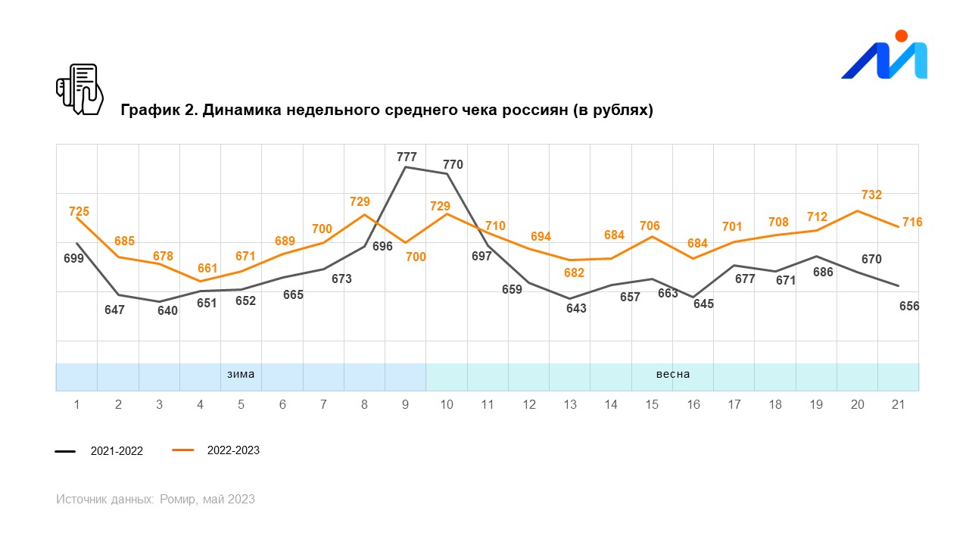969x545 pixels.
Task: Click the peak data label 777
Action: pyautogui.click(x=407, y=157)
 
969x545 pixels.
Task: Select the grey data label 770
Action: pyautogui.click(x=453, y=164)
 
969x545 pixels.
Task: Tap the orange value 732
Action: pyautogui.click(x=871, y=195)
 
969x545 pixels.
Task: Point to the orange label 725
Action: pyautogui.click(x=79, y=211)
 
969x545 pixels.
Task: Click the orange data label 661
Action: pyautogui.click(x=207, y=267)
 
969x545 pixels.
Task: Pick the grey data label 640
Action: pyautogui.click(x=167, y=310)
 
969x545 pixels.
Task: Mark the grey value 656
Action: pyautogui.click(x=908, y=306)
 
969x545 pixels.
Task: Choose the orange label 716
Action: pyautogui.click(x=912, y=222)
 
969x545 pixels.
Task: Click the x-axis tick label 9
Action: pyautogui.click(x=406, y=405)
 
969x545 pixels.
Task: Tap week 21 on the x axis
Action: pyautogui.click(x=899, y=405)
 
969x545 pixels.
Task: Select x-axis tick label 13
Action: pyautogui.click(x=570, y=405)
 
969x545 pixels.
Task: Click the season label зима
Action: pyautogui.click(x=241, y=374)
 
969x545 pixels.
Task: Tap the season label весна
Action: pyautogui.click(x=672, y=374)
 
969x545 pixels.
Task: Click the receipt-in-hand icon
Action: pyautogui.click(x=79, y=89)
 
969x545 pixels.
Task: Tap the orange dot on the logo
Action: pyautogui.click(x=901, y=36)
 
